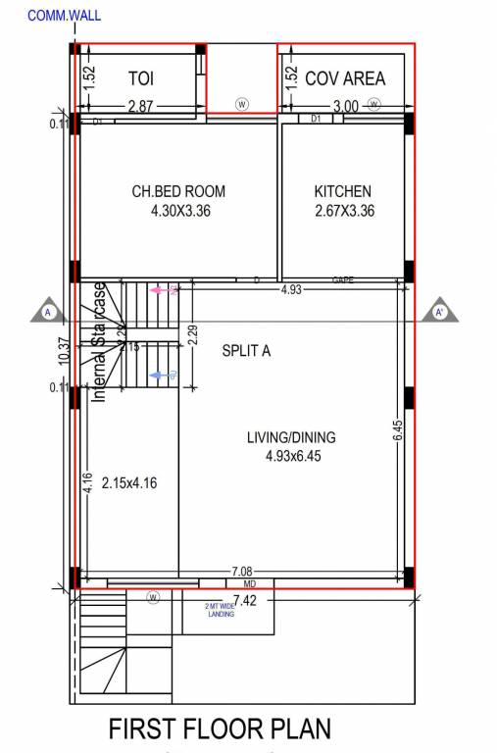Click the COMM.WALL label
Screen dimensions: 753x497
(65, 16)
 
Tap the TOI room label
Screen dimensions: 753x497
(145, 78)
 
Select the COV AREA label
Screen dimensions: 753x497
(345, 78)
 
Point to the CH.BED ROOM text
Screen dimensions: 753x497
(178, 191)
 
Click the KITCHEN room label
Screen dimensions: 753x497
(343, 191)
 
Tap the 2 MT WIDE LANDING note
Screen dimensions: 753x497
(220, 610)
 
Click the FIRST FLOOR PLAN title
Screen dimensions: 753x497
(220, 728)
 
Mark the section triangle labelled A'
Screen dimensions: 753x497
(440, 312)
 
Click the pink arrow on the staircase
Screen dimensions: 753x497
(163, 290)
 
